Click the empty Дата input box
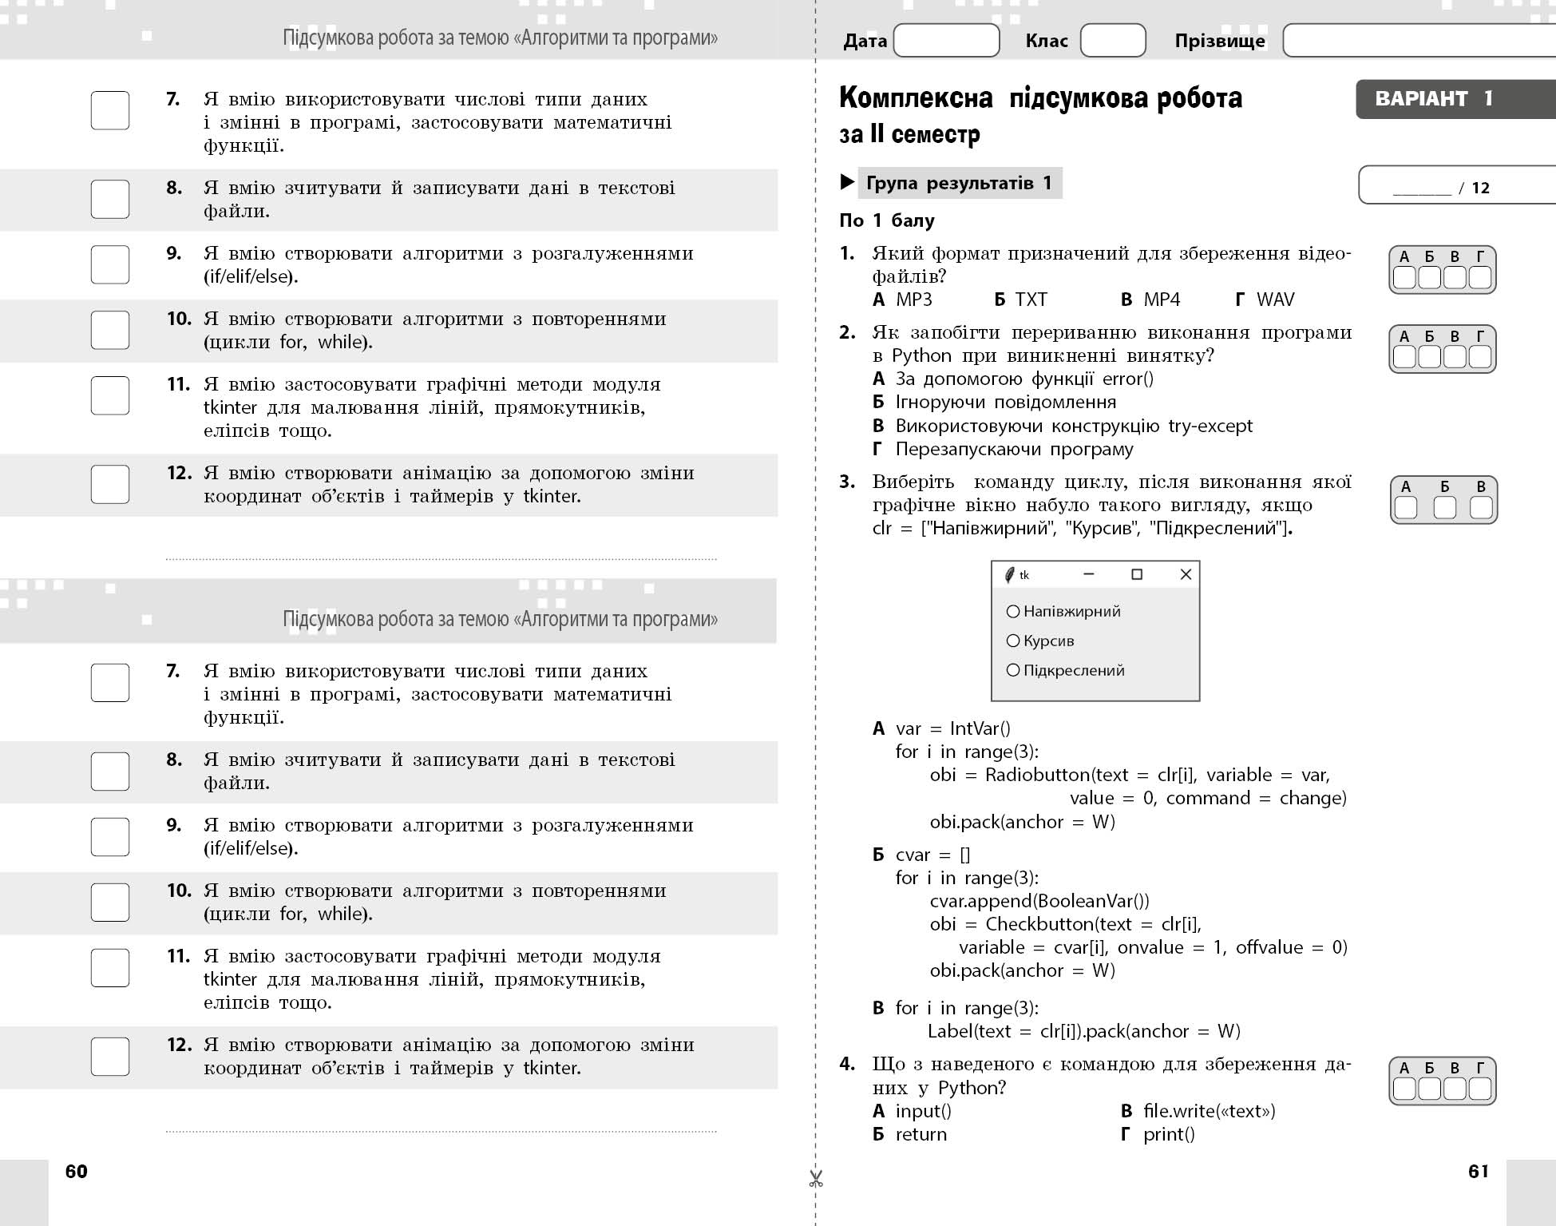coord(946,40)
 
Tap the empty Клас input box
coord(1112,40)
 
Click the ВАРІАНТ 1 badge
coord(1433,99)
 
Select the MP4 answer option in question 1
coord(1161,300)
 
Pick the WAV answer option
coord(1275,300)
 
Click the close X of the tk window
coord(1186,574)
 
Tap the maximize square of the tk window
coord(1137,574)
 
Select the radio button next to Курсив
coord(1013,641)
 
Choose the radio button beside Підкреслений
coord(1013,670)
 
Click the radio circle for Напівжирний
coord(1013,612)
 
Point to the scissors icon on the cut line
coord(815,1179)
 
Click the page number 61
coord(1479,1171)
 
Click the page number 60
coord(77,1171)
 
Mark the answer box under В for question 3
coord(1481,508)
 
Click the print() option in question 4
coord(1168,1134)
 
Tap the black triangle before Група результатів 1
coord(847,183)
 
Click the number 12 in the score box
coord(1481,188)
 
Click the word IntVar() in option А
coord(980,728)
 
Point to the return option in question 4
coord(921,1134)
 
